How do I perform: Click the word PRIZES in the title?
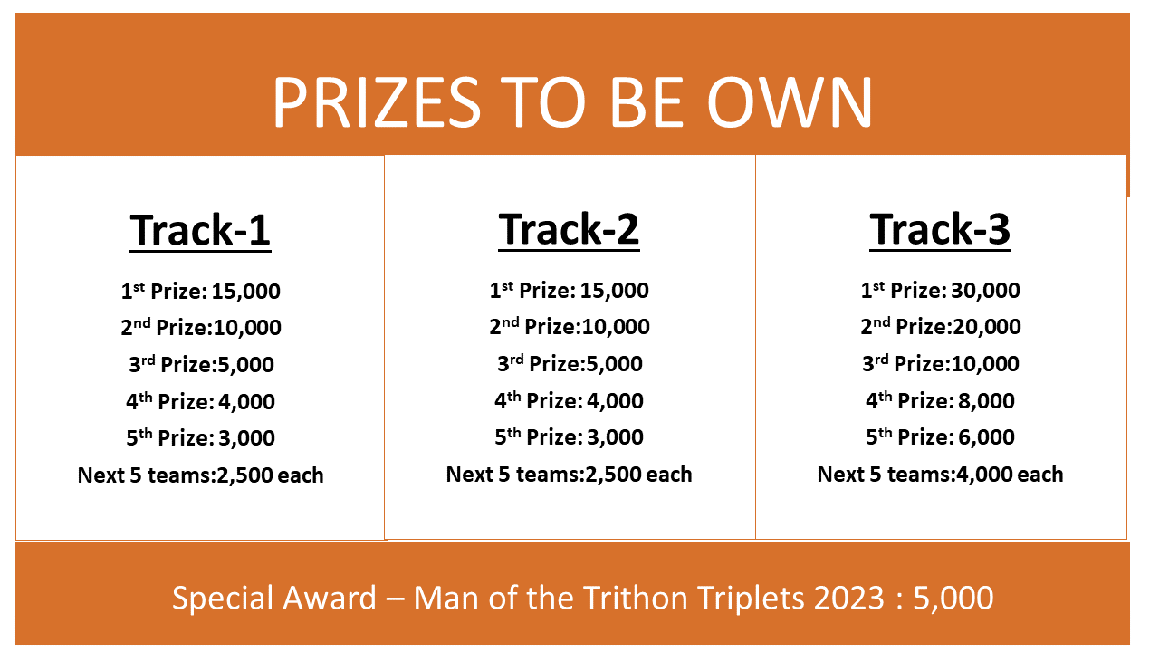378,102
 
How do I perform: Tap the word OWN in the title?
790,102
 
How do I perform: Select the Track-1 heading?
200,230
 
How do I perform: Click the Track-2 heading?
569,229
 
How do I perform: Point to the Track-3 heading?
940,229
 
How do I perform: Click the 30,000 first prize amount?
985,291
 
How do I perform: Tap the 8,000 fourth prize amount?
986,401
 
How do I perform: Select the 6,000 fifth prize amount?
986,437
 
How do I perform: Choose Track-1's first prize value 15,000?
245,292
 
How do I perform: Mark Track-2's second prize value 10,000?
616,327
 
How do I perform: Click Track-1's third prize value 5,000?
245,365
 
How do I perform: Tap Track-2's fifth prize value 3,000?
615,437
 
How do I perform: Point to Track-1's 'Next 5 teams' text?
145,475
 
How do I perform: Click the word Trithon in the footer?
636,598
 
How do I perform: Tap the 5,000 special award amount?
953,599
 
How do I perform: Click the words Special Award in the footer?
274,599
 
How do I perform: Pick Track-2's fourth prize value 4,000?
615,401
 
